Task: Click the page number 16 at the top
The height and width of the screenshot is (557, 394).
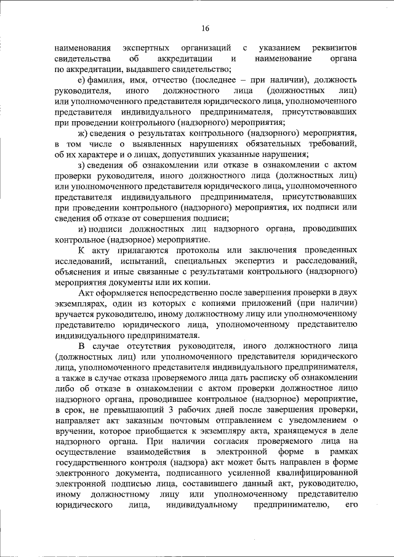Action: pos(205,28)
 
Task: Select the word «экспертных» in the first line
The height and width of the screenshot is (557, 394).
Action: pos(146,47)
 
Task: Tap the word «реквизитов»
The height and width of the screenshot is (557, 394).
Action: pos(335,47)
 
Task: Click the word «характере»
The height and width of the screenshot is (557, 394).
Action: pos(97,154)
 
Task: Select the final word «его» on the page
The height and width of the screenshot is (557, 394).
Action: pos(352,507)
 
